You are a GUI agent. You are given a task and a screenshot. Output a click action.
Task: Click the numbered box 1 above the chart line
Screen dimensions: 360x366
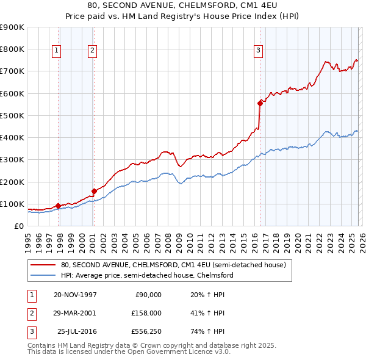pos(56,51)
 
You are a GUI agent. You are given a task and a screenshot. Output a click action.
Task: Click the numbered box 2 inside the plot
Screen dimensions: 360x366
pos(92,51)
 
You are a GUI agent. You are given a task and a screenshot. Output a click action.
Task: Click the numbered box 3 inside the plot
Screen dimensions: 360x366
pos(258,51)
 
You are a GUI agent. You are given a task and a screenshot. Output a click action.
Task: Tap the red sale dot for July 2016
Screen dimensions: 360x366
pos(260,103)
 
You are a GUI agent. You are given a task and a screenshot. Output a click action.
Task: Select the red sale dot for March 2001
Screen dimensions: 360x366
pos(95,191)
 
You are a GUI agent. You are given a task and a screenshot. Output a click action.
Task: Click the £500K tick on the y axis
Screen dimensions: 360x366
pos(12,115)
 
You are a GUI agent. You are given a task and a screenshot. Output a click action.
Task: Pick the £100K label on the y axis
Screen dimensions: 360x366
pos(12,204)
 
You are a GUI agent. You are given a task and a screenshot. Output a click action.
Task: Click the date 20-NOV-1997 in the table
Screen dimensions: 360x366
pos(75,295)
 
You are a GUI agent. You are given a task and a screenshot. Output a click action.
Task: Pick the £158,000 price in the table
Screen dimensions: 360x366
pos(147,313)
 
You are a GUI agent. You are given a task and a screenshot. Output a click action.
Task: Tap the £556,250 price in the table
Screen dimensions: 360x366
pos(147,331)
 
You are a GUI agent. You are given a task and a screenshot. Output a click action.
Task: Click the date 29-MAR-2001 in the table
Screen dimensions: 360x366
pos(75,313)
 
